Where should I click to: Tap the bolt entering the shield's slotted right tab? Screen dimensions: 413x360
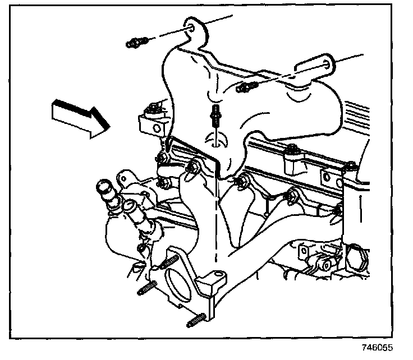pos(246,86)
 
